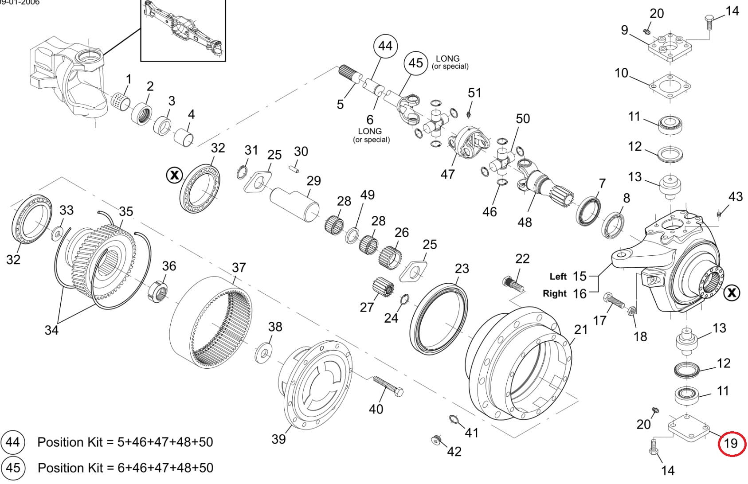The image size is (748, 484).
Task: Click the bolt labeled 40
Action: pos(388,386)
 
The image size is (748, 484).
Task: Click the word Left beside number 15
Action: pos(558,277)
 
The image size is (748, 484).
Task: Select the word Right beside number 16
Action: pos(555,293)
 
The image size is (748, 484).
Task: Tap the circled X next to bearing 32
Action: pos(174,175)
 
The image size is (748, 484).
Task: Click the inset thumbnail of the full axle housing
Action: pos(183,30)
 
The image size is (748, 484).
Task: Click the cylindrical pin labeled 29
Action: pos(294,204)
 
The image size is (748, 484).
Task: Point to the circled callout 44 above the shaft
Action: pos(385,46)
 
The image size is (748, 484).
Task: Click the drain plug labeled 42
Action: pos(436,441)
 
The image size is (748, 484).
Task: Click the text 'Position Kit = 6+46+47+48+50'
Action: pos(125,468)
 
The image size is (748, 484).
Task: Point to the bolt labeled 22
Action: pos(513,284)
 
